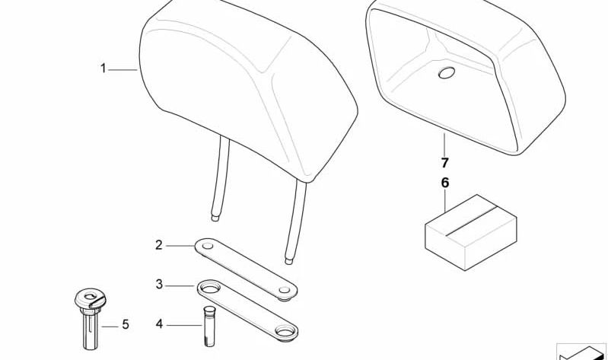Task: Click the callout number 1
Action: tap(103, 69)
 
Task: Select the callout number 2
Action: tap(159, 244)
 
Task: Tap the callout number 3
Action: tap(159, 285)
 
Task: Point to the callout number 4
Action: tap(159, 325)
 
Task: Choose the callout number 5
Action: tap(126, 325)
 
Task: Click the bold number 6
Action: tap(445, 183)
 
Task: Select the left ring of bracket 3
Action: tap(209, 288)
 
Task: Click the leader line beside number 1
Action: tap(122, 69)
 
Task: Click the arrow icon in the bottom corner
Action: tap(582, 352)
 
